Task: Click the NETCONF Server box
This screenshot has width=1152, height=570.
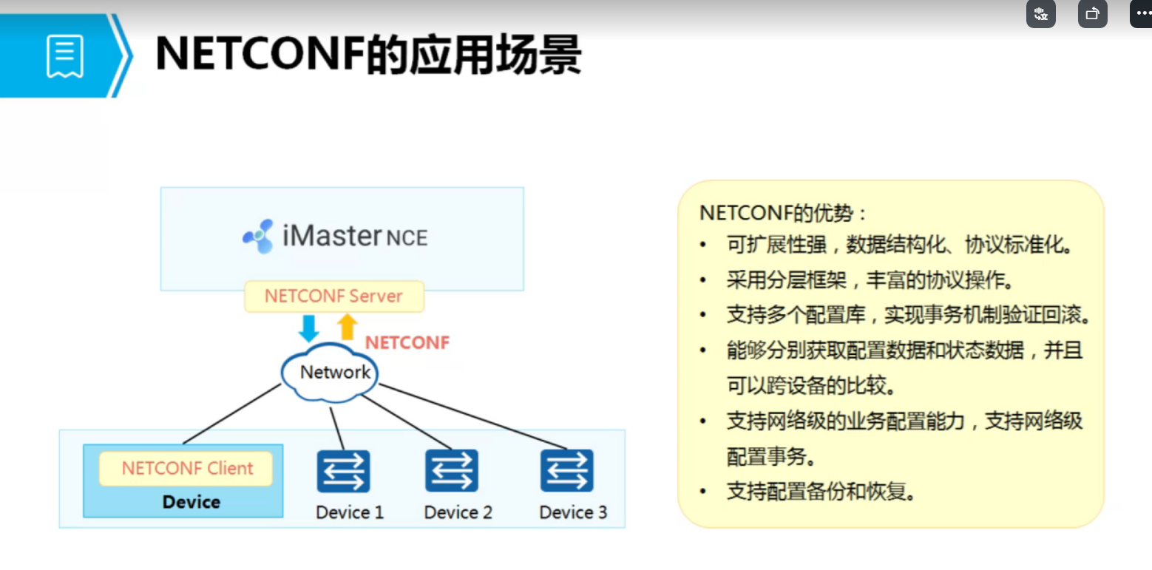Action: (x=334, y=296)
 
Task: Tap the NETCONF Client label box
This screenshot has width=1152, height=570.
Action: (x=186, y=469)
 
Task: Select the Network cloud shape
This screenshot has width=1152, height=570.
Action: (x=331, y=372)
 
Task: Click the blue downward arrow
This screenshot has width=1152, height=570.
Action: (x=309, y=328)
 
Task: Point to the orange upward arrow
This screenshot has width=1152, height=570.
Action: (x=347, y=327)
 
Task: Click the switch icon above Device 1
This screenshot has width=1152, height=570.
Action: (x=343, y=471)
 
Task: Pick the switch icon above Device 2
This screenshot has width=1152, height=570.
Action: (x=452, y=471)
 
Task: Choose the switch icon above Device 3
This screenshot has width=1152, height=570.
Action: (x=566, y=471)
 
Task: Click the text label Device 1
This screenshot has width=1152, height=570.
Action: (x=350, y=512)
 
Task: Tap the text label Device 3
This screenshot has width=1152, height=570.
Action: (x=573, y=512)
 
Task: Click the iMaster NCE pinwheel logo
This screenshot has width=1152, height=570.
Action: (x=258, y=237)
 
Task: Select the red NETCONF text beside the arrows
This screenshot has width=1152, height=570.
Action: (x=407, y=342)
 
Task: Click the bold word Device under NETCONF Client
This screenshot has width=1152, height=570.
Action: (x=192, y=502)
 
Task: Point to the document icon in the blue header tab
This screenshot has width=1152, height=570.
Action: (x=65, y=56)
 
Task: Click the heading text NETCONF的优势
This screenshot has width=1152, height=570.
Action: (x=783, y=214)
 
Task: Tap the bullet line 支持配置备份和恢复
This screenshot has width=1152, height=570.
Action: (x=821, y=491)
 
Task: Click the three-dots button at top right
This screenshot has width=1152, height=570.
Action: (x=1142, y=13)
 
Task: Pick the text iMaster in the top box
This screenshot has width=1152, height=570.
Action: (x=332, y=236)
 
